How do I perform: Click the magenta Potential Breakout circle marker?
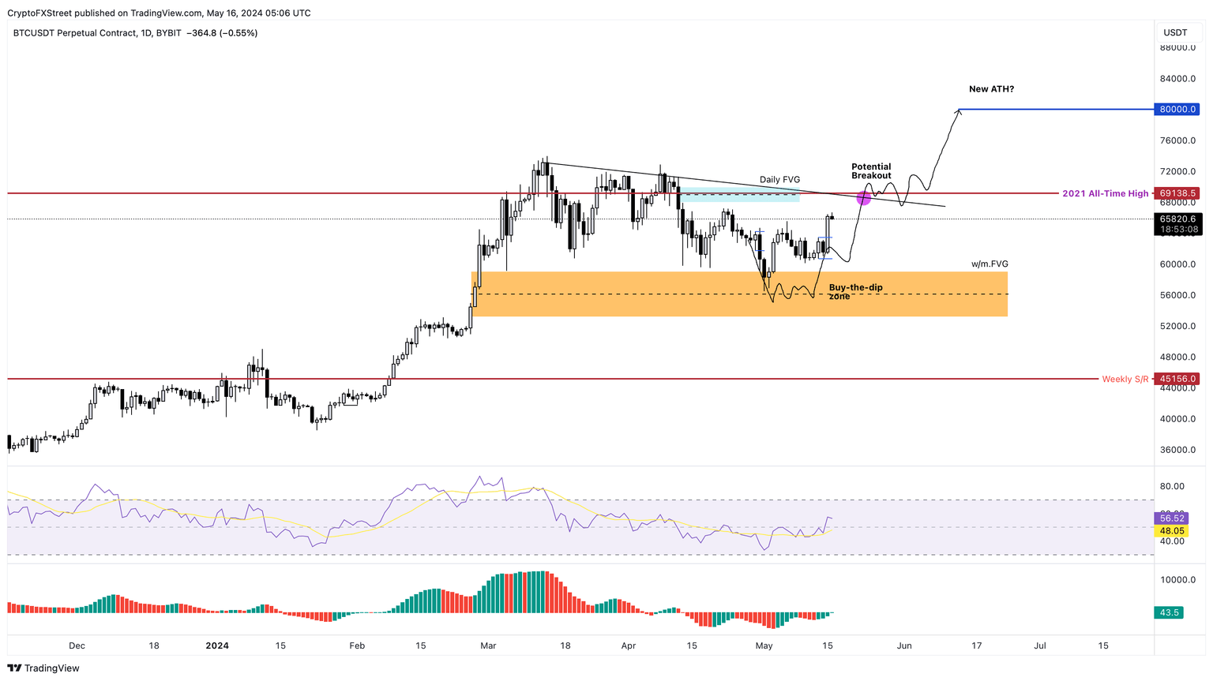click(863, 198)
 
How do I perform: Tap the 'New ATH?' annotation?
click(991, 89)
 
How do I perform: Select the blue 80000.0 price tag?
click(1177, 109)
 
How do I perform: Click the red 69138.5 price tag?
click(1177, 193)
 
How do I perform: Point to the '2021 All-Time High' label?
click(1105, 193)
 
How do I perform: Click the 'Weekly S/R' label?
click(1125, 380)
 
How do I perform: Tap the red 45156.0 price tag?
click(1177, 379)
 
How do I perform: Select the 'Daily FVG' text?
click(779, 180)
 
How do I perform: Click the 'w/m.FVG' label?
click(990, 264)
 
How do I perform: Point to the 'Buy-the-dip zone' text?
click(855, 291)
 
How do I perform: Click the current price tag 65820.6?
click(1177, 219)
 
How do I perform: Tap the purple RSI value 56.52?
click(1172, 518)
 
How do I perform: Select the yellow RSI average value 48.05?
click(1172, 531)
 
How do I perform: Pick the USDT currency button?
click(1175, 32)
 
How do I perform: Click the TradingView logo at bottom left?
click(44, 668)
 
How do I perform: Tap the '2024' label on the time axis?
click(217, 645)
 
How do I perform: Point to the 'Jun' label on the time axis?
click(904, 645)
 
